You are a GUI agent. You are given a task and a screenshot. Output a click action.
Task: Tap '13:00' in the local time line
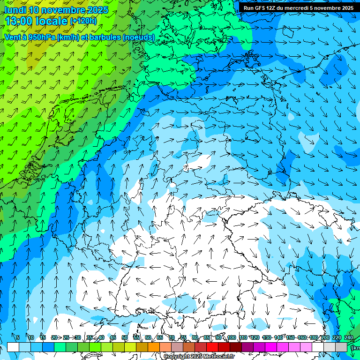[20, 21]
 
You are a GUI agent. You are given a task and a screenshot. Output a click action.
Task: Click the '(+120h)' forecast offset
[83, 21]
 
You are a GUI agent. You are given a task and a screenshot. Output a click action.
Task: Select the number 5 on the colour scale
[17, 337]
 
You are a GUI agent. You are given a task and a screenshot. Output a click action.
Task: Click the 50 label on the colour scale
[125, 337]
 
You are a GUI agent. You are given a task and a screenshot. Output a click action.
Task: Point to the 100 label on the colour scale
[232, 337]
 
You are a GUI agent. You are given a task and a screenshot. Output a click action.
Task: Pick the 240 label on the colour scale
[349, 337]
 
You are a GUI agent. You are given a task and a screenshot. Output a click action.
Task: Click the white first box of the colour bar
[13, 347]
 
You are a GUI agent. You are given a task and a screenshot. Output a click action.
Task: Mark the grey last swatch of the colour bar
[341, 347]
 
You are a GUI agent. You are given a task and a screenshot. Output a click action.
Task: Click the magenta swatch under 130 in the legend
[271, 347]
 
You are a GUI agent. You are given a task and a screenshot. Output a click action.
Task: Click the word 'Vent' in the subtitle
[13, 37]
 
